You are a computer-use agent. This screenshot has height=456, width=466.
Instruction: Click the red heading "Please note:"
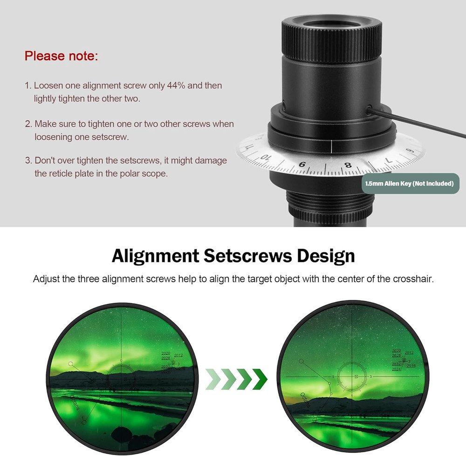click(x=61, y=56)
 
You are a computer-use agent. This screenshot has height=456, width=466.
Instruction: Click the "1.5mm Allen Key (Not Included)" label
click(x=410, y=184)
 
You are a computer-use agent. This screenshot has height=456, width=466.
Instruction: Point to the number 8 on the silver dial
click(x=348, y=165)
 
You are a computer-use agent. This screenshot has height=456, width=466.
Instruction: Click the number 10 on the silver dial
click(x=266, y=157)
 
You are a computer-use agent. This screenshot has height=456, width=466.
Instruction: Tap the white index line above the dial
click(x=331, y=146)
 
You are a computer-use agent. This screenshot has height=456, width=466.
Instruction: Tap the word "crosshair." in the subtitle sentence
click(x=416, y=279)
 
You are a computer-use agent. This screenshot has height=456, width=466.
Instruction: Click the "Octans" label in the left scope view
click(x=75, y=401)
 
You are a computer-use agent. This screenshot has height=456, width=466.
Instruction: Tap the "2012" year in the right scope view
click(x=409, y=353)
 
